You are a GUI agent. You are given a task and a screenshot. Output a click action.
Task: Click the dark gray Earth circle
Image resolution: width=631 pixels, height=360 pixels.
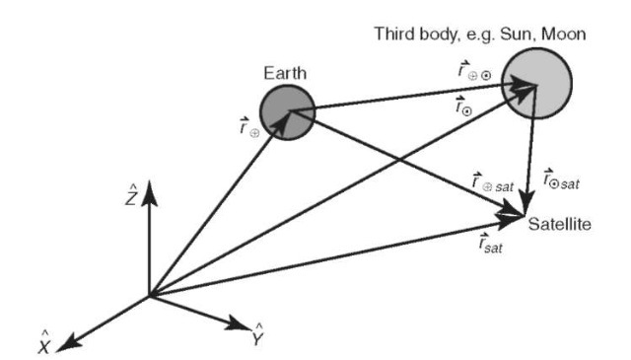pos(287,109)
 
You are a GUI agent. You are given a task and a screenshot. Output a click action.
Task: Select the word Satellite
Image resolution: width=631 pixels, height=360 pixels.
pos(559,225)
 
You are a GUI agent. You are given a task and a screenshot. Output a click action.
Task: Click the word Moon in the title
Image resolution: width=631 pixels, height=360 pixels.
pos(566,35)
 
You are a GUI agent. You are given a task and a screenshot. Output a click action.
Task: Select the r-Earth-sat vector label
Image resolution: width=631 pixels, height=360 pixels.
pos(490,181)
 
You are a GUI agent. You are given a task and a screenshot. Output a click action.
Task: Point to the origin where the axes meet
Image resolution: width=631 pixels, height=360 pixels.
pos(149,295)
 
